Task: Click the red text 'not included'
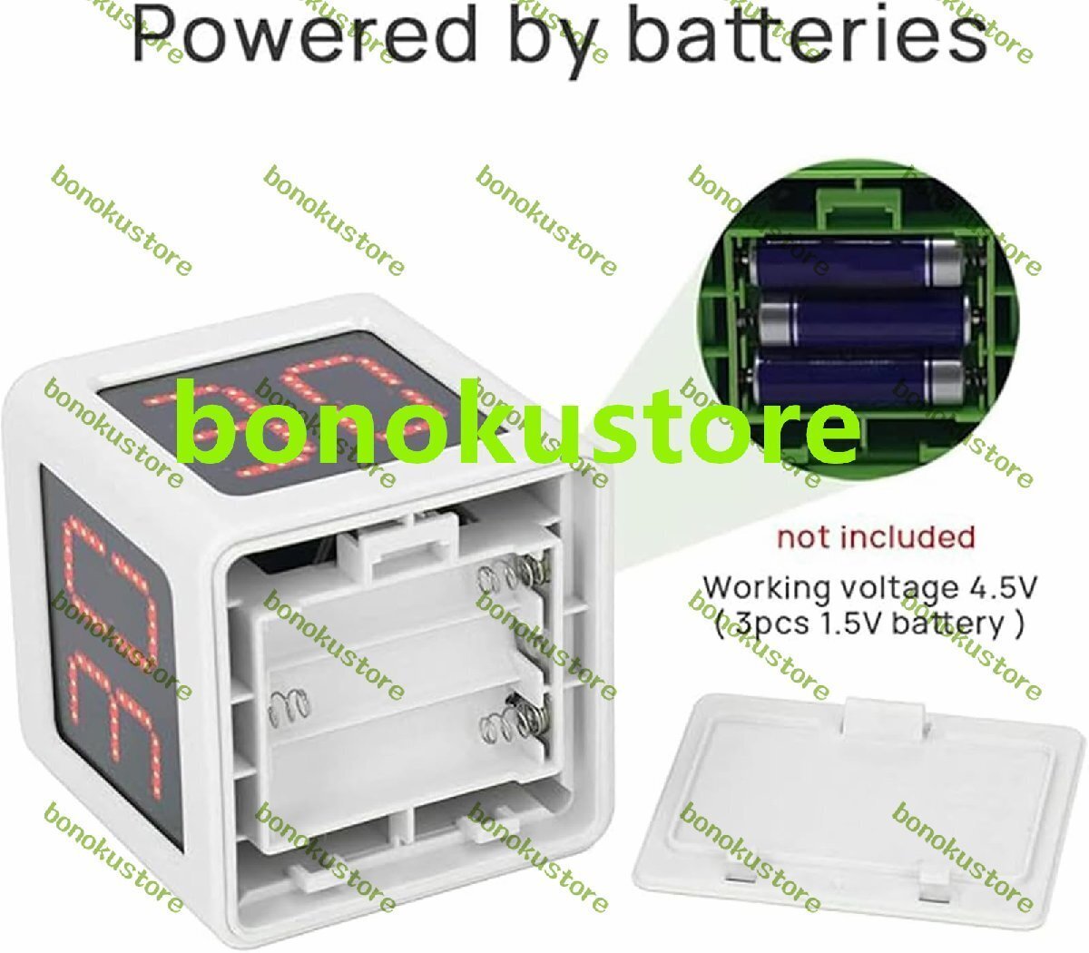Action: [876, 537]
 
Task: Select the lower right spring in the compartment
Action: [514, 720]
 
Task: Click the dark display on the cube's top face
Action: [298, 406]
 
